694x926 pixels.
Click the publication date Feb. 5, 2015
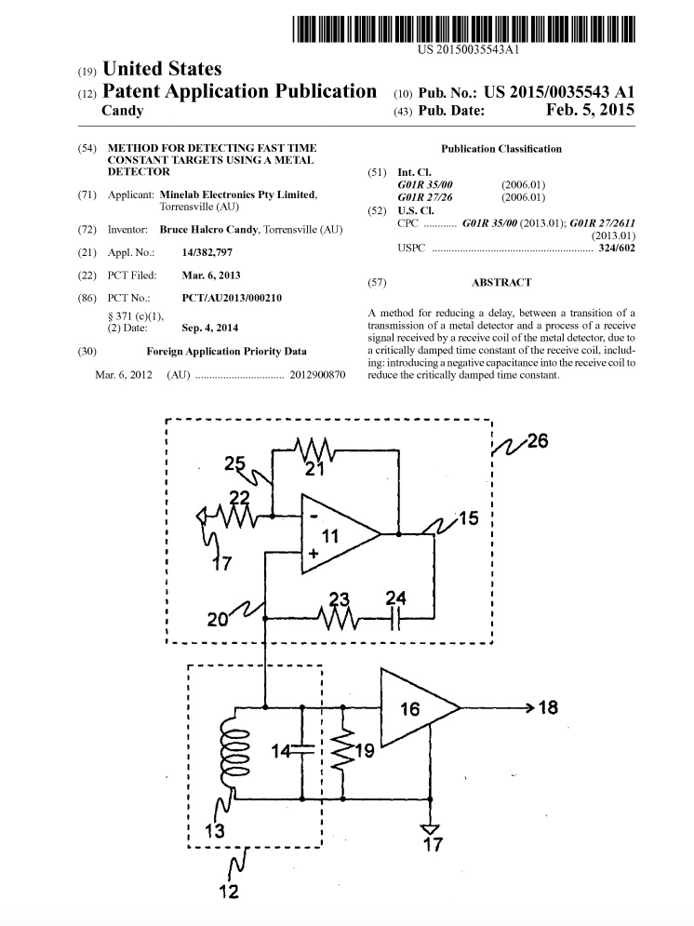(x=590, y=110)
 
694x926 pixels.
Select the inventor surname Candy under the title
(x=123, y=111)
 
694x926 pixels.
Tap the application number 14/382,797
(x=207, y=252)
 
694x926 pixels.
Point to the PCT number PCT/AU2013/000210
(x=232, y=298)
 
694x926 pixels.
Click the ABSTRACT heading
(x=501, y=282)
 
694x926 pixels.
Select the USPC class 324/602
(x=617, y=248)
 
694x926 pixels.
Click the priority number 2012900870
(x=317, y=375)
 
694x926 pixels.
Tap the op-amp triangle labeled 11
(x=340, y=534)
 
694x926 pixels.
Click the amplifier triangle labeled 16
(x=420, y=707)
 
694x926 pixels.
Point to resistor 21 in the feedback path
(x=314, y=450)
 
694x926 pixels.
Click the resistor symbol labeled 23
(x=337, y=618)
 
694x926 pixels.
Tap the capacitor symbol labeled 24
(x=396, y=618)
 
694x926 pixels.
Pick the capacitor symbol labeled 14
(x=301, y=751)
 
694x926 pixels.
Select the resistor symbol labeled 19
(x=343, y=751)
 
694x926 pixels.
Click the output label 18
(x=548, y=707)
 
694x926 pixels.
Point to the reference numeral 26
(x=537, y=440)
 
